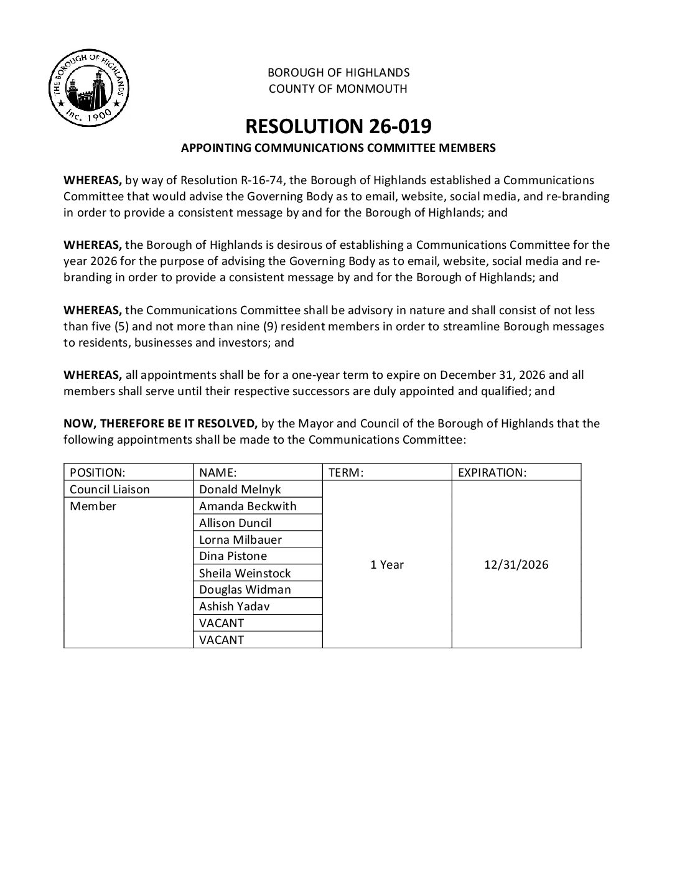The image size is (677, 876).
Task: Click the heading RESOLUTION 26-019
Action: (x=338, y=126)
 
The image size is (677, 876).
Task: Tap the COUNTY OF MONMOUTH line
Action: (x=338, y=88)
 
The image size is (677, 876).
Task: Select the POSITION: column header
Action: (x=98, y=472)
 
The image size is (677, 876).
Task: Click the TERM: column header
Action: (x=345, y=472)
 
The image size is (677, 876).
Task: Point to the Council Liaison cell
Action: (x=110, y=489)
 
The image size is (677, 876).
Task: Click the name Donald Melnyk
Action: (x=240, y=489)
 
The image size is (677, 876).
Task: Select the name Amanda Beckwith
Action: (x=248, y=506)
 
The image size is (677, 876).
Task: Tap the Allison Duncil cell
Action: (x=235, y=523)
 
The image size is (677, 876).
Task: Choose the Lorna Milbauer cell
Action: (x=240, y=539)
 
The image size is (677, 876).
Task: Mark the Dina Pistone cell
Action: (x=233, y=556)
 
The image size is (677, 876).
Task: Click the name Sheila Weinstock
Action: (x=245, y=573)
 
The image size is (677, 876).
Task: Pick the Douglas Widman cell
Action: (x=245, y=589)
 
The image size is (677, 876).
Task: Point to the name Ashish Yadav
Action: (x=235, y=606)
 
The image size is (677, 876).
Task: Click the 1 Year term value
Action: (x=387, y=564)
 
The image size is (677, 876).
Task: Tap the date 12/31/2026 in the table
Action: (x=516, y=564)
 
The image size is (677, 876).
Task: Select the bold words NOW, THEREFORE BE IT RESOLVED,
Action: (x=161, y=424)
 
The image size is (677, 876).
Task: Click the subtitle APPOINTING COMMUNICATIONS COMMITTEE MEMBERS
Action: (x=338, y=148)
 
